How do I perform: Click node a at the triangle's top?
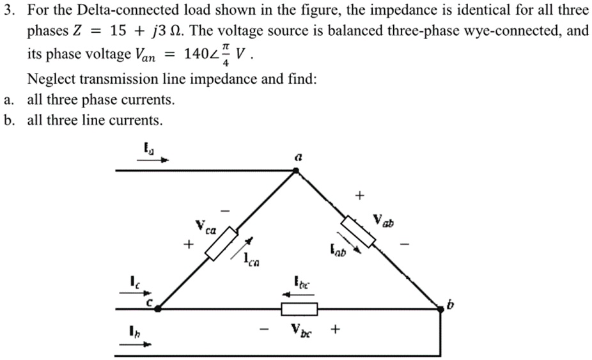[x=295, y=171]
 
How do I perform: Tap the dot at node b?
[x=440, y=309]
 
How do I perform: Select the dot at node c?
[x=158, y=308]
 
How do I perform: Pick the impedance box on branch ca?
[x=222, y=244]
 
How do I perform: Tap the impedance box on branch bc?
[x=299, y=309]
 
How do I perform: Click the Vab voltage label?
[x=384, y=223]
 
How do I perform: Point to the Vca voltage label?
[x=206, y=226]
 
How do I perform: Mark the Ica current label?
[x=252, y=259]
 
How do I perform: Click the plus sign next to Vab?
[x=360, y=194]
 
